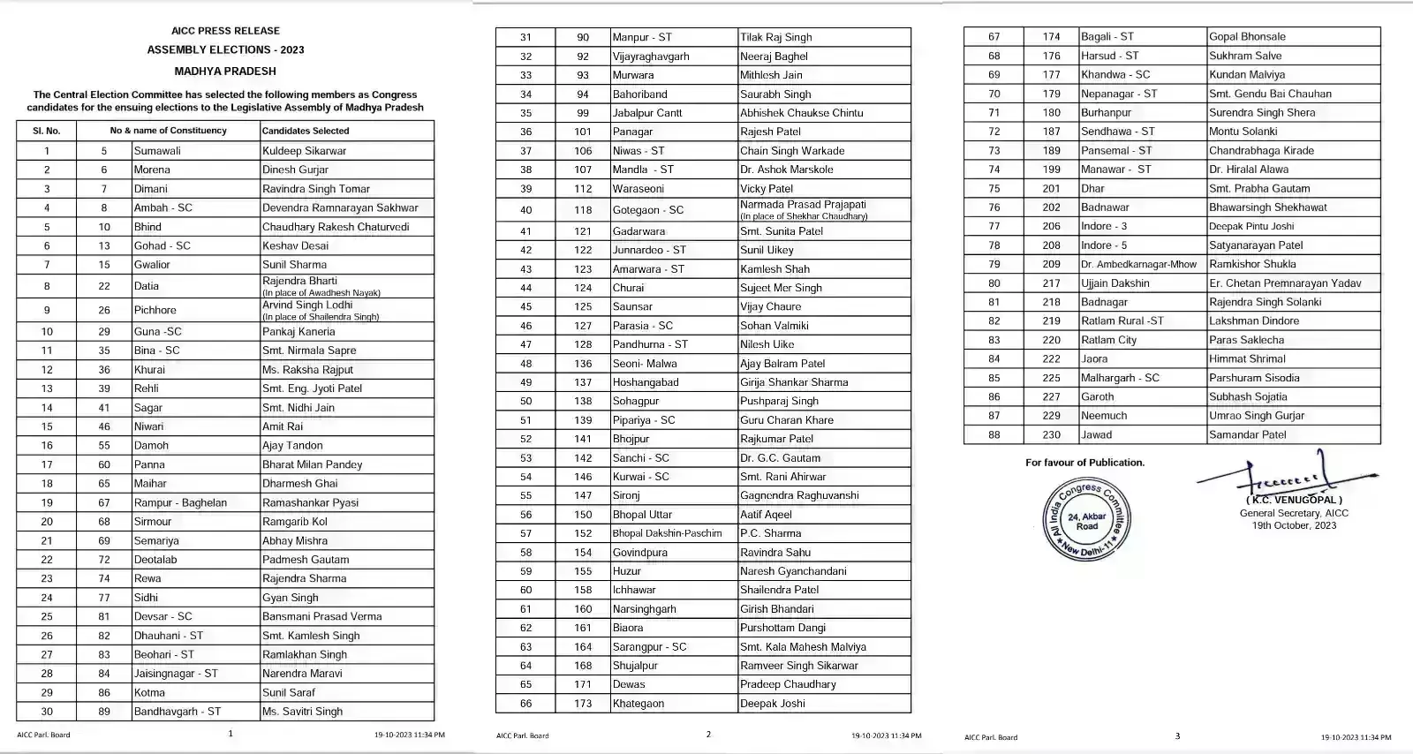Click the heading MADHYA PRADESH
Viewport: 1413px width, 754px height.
225,72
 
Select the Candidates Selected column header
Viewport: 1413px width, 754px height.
306,131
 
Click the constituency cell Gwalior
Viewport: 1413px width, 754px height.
152,265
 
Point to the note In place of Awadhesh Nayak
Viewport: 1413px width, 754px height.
321,293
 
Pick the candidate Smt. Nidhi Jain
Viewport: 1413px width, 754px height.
298,408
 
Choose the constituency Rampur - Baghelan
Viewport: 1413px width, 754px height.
180,503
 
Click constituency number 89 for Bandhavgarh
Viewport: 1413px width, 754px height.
104,712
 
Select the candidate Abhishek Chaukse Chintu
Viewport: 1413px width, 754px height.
801,113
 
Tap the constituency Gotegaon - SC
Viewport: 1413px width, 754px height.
648,210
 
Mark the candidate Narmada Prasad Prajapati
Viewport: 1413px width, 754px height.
803,205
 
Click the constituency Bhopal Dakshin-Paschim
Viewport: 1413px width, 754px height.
667,533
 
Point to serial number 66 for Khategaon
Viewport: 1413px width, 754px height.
525,704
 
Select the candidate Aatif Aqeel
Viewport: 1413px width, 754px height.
766,515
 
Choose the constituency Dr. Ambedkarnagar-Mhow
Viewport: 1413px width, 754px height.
1138,264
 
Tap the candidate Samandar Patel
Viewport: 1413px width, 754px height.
1247,435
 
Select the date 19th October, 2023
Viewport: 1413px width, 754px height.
1294,526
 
